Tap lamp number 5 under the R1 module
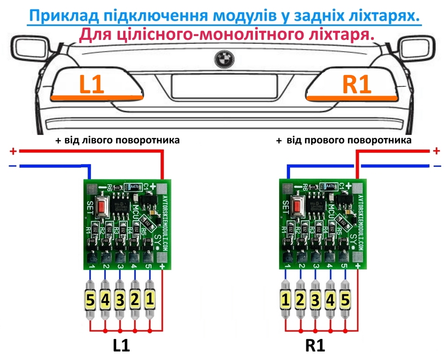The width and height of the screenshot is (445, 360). (x=345, y=300)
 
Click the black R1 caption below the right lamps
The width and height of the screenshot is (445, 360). (x=315, y=346)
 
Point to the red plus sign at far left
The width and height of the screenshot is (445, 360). (x=13, y=151)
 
